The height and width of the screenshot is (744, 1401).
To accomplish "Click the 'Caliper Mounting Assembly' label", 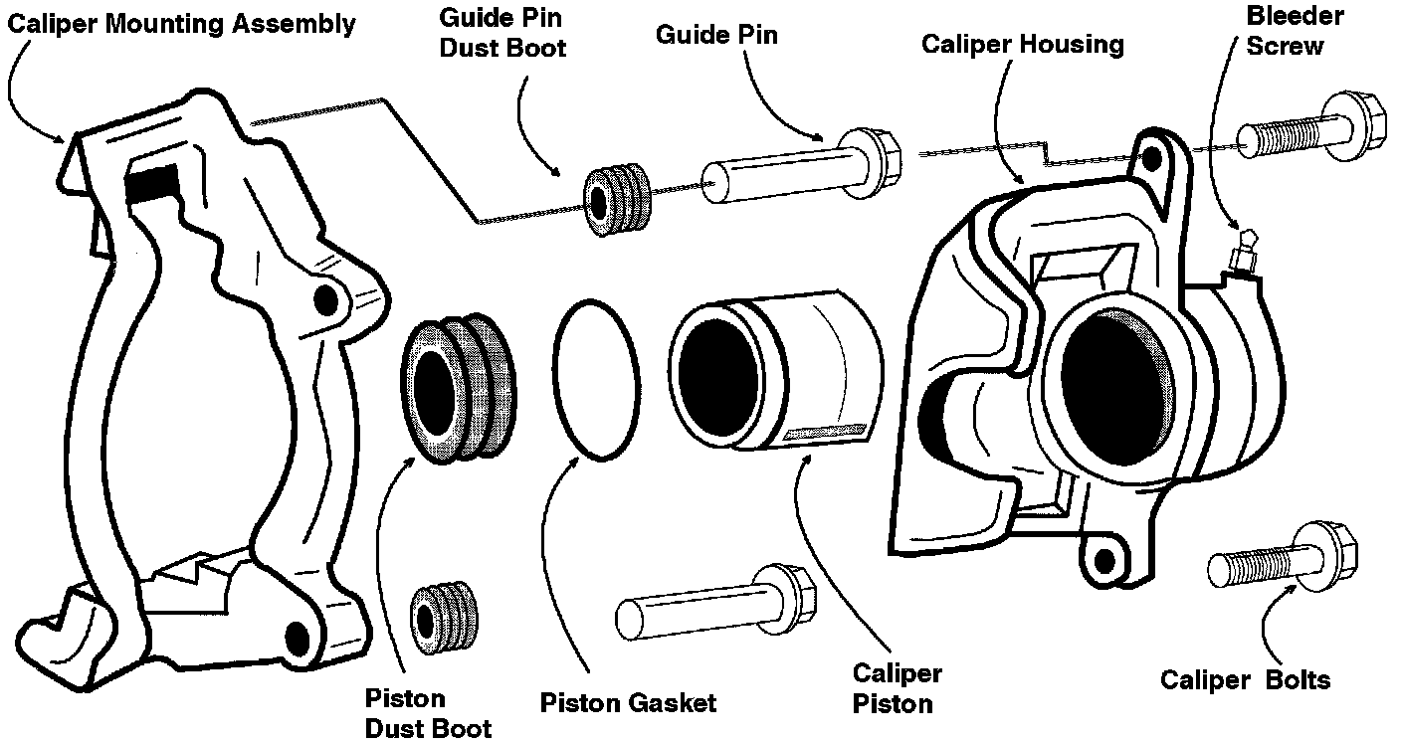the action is [181, 25].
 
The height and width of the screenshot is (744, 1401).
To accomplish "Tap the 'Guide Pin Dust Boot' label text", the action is [502, 33].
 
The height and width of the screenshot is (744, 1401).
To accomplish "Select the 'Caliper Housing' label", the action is [1023, 45].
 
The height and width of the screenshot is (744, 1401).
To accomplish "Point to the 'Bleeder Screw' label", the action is [1295, 31].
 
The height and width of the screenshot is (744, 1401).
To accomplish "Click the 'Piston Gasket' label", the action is [628, 703].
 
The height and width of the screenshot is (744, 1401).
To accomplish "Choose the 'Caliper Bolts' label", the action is [1245, 679].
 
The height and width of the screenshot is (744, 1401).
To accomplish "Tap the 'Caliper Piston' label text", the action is [897, 688].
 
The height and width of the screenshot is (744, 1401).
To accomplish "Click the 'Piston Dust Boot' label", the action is [428, 713].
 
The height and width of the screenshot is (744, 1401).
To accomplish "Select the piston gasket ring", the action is [555, 380].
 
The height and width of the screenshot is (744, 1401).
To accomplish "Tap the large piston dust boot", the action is [459, 388].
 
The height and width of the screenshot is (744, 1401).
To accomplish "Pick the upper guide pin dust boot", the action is [617, 199].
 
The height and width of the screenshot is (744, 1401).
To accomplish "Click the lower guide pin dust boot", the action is [445, 619].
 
